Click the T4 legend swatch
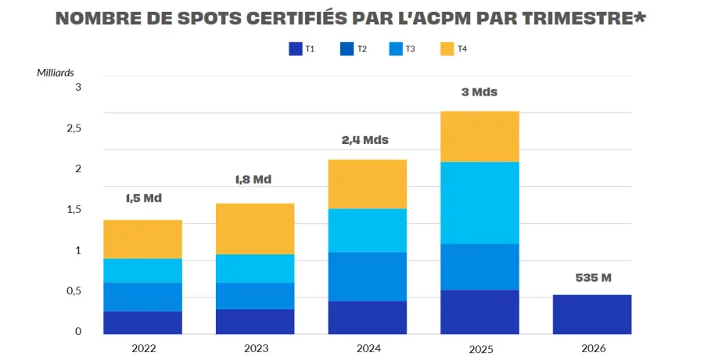click(x=447, y=49)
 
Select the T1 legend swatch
click(x=296, y=49)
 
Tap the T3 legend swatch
click(x=396, y=49)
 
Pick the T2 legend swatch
click(x=347, y=49)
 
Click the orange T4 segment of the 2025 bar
click(x=480, y=136)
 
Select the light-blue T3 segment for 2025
click(x=480, y=203)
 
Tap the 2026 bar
click(x=591, y=315)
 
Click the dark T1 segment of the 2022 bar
click(x=143, y=322)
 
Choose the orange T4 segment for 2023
click(x=255, y=229)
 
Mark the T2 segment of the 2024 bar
click(x=368, y=276)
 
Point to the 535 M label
click(x=592, y=278)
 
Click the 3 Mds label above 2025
click(x=480, y=92)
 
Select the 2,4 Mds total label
click(x=365, y=141)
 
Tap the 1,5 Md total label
click(x=143, y=198)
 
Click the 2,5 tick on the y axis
click(x=74, y=128)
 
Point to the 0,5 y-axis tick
click(x=74, y=291)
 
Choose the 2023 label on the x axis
click(x=255, y=349)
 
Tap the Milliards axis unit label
click(x=56, y=73)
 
